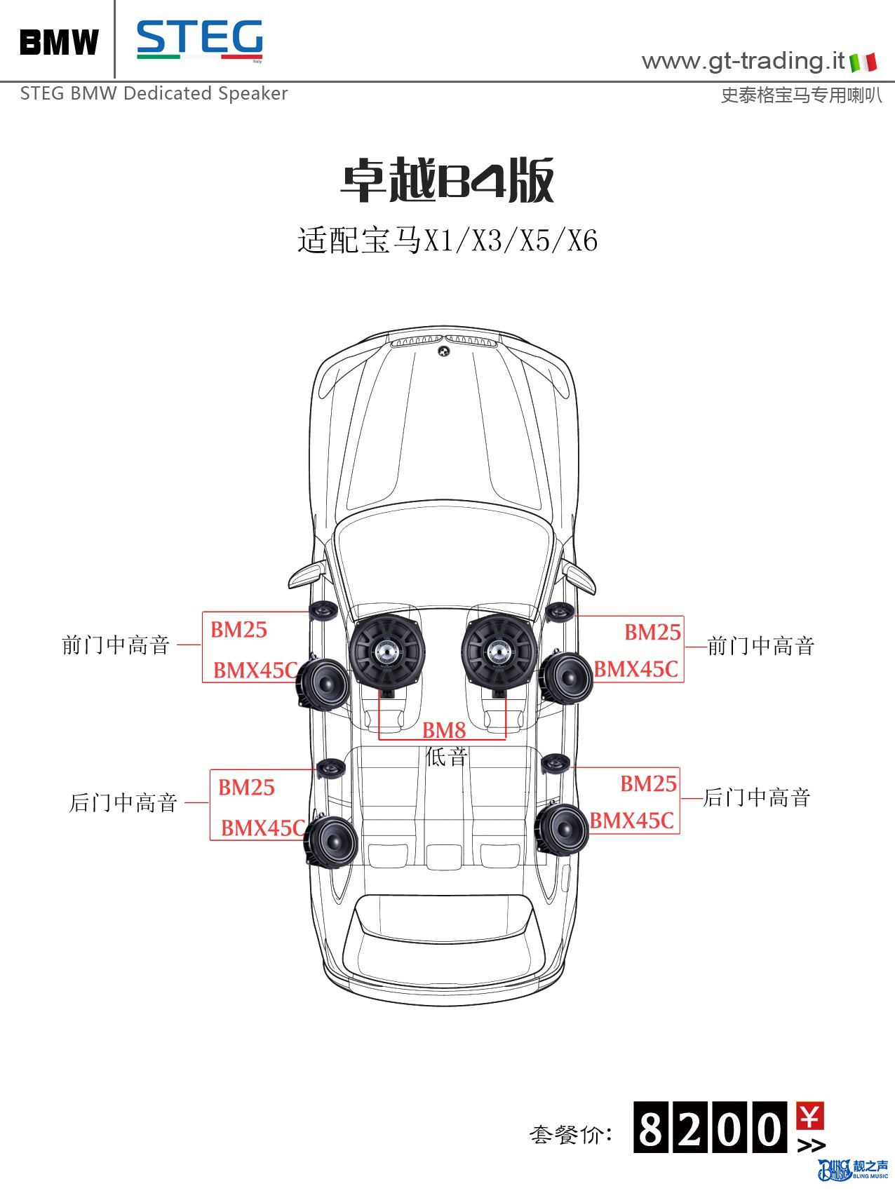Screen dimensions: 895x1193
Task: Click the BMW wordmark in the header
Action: pyautogui.click(x=60, y=42)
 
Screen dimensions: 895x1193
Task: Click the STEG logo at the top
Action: pyautogui.click(x=200, y=39)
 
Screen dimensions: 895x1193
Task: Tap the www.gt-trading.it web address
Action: pyautogui.click(x=743, y=61)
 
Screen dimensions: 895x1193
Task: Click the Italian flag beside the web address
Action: pyautogui.click(x=863, y=62)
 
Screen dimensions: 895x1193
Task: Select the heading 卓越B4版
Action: pyautogui.click(x=447, y=180)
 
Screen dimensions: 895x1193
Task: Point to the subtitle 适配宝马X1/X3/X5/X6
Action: pyautogui.click(x=447, y=241)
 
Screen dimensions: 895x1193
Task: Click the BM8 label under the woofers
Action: pyautogui.click(x=444, y=730)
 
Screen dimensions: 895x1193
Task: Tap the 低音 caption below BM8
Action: pyautogui.click(x=446, y=756)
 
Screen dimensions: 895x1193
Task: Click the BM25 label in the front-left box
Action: pyautogui.click(x=238, y=630)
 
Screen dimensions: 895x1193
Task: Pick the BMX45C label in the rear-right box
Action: pyautogui.click(x=631, y=821)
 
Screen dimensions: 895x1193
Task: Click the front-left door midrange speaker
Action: pyautogui.click(x=323, y=683)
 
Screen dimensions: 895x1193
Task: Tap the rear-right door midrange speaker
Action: pyautogui.click(x=561, y=829)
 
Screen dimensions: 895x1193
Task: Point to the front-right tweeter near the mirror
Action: pyautogui.click(x=560, y=612)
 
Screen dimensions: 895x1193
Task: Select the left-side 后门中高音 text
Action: pyautogui.click(x=123, y=802)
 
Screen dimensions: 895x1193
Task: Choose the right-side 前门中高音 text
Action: pyautogui.click(x=761, y=646)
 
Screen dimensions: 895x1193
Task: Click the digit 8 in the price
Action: pyautogui.click(x=651, y=1127)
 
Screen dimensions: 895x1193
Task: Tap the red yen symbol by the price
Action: pyautogui.click(x=810, y=1116)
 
